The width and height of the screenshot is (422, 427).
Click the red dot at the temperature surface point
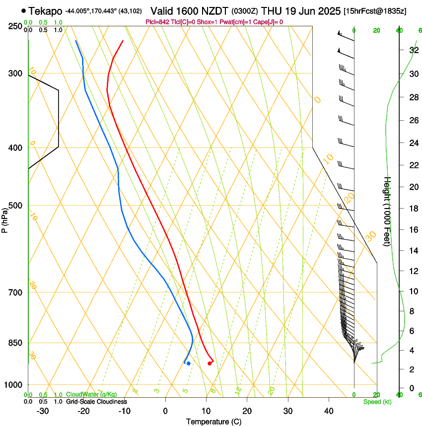[210, 363]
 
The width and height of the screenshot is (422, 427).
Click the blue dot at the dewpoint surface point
[188, 363]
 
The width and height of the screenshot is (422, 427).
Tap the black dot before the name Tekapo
[23, 10]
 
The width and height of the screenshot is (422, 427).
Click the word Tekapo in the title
[45, 11]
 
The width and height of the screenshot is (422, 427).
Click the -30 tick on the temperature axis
[43, 411]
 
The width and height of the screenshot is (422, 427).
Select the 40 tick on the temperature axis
[329, 411]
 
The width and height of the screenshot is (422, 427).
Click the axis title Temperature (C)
[213, 422]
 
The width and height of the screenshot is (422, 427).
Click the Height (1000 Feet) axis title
[387, 212]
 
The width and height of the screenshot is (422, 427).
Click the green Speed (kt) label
[377, 402]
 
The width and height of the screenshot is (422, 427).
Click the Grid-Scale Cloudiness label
[96, 402]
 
